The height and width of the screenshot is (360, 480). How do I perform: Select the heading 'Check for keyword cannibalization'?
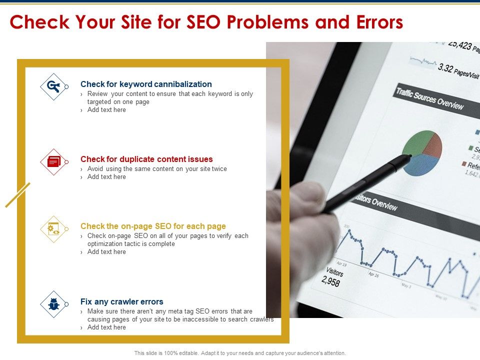146,84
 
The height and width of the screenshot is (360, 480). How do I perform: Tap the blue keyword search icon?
53,86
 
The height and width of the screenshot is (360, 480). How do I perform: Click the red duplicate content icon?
53,161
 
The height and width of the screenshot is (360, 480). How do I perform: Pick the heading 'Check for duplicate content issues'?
146,159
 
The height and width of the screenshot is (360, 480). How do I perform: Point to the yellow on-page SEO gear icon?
53,229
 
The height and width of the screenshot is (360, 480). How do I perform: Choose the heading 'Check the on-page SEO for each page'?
153,226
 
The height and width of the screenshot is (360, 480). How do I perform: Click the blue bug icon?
53,304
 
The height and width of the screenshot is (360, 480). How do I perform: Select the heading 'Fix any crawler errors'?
121,301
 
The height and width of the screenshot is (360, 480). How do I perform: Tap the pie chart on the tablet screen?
422,152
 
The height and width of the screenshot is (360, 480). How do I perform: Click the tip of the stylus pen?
409,156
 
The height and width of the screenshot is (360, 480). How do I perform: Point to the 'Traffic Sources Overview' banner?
429,98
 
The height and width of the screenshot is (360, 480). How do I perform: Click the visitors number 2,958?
331,281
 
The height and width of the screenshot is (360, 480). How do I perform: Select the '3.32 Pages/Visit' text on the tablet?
457,70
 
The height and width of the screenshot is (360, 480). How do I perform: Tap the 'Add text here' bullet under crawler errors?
106,327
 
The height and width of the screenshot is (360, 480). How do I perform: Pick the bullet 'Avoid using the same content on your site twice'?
157,169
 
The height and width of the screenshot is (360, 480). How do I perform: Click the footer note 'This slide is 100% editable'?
240,353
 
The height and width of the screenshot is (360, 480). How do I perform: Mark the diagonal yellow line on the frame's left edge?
18,194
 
